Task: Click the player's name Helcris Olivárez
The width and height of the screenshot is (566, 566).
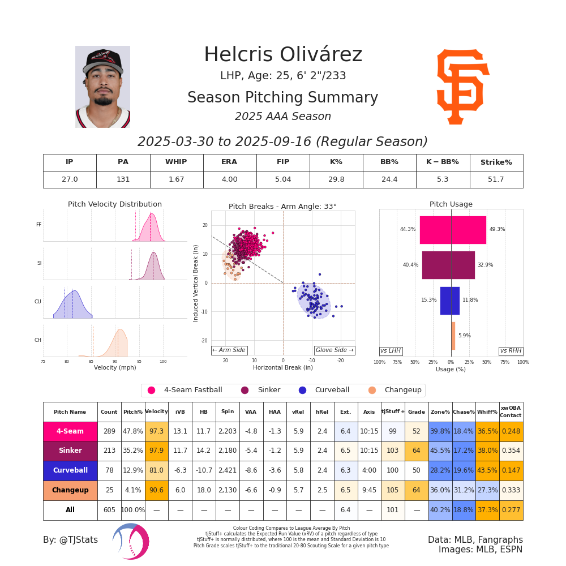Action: [x=283, y=55]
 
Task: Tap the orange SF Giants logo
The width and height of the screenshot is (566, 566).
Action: [x=462, y=87]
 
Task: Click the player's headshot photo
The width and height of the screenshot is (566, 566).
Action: [x=102, y=87]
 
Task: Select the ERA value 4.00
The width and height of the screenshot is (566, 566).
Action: [x=229, y=179]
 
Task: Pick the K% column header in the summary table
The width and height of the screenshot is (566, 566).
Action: [x=336, y=162]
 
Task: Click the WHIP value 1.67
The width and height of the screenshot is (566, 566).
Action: [x=176, y=179]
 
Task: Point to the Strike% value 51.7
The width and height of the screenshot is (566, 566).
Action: [x=496, y=179]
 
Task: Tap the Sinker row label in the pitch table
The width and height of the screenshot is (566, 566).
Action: [x=70, y=451]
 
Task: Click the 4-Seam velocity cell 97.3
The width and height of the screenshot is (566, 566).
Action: [x=156, y=431]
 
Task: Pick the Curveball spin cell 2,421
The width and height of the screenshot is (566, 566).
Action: [x=228, y=471]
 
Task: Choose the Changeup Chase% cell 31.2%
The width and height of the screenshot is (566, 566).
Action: [x=464, y=490]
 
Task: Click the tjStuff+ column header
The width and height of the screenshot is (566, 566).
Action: [x=393, y=412]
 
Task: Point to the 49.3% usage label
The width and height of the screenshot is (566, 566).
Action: [x=498, y=229]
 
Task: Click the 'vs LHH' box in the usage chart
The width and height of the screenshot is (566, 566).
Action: [x=391, y=351]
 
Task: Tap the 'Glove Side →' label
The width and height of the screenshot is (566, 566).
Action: [x=335, y=350]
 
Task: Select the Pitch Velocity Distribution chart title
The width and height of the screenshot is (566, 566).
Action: [x=115, y=204]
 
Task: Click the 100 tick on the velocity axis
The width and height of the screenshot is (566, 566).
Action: [x=163, y=361]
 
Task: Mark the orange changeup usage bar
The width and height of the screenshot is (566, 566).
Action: [x=453, y=336]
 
